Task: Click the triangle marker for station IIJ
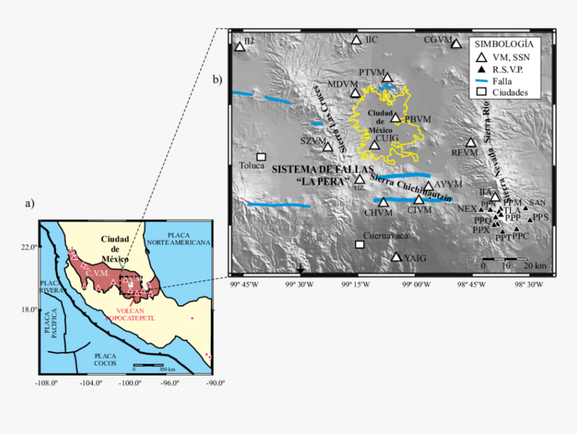pos(240,47)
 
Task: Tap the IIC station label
pos(372,40)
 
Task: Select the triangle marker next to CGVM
pos(456,44)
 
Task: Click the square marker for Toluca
pos(262,157)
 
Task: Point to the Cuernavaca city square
pos(360,244)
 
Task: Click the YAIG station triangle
pos(397,257)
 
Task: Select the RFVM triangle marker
pos(471,142)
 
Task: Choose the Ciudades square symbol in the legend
pos(480,92)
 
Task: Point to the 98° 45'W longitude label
pos(474,285)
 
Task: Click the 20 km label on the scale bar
pos(535,266)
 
